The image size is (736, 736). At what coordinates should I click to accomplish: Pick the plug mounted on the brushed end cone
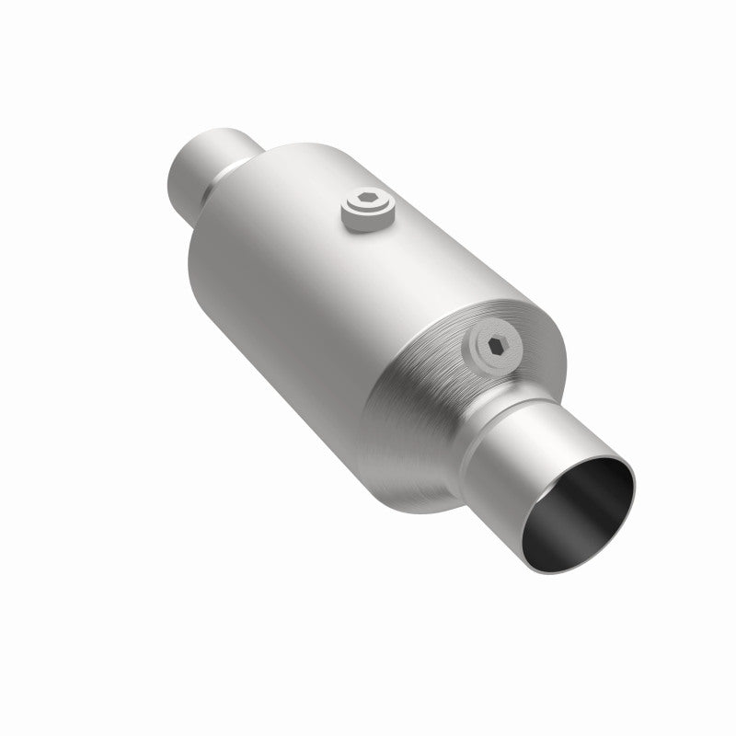pyautogui.click(x=491, y=349)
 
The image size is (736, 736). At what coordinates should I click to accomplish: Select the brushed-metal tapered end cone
pyautogui.click(x=414, y=386)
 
